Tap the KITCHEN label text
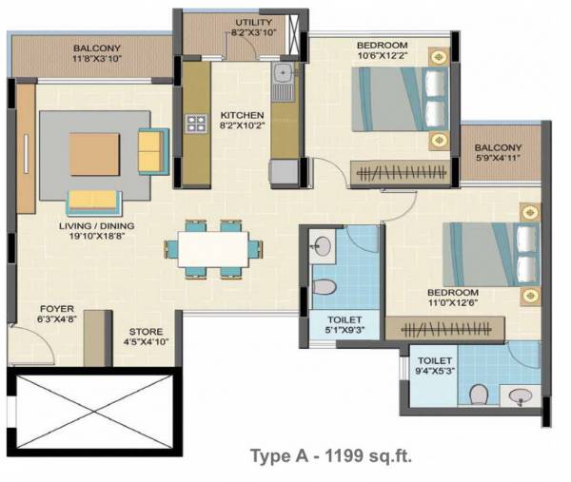click(x=235, y=114)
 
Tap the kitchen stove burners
click(x=197, y=123)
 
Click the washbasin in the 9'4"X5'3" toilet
click(x=518, y=395)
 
